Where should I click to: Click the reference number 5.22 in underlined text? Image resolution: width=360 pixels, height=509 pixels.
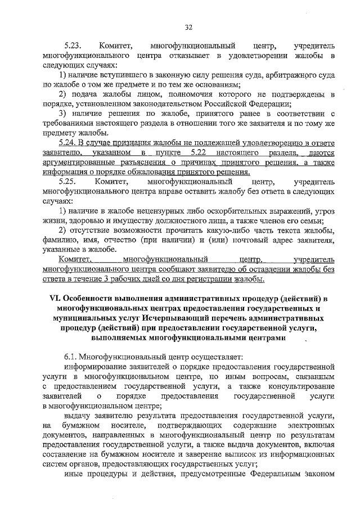[x=202, y=153]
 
